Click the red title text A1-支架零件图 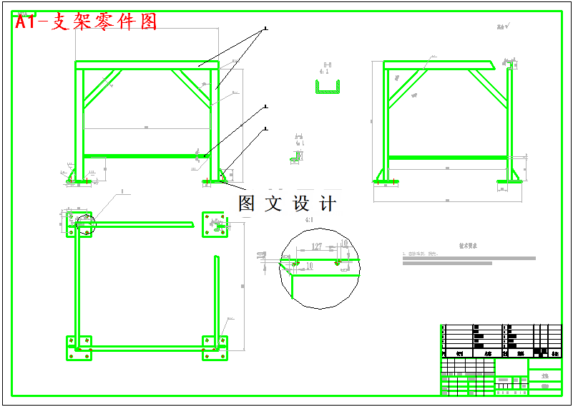pos(86,22)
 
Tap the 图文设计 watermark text pos(287,203)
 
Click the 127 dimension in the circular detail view pos(316,246)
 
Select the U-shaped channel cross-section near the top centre pos(328,88)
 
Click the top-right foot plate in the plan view pos(214,224)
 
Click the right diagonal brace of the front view pos(195,87)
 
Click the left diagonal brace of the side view pos(407,87)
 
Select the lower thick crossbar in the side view pos(448,157)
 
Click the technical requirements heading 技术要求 pos(469,246)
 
